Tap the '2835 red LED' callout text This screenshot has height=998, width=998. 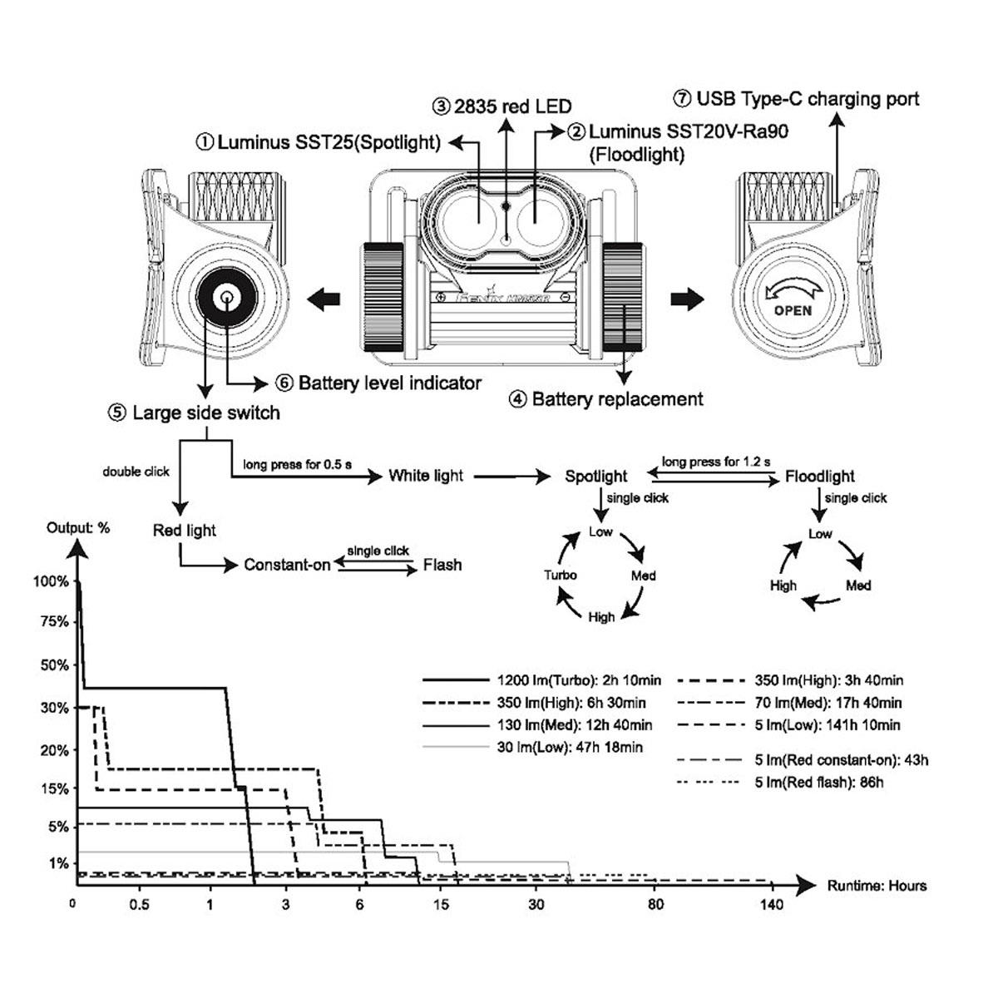[x=502, y=106]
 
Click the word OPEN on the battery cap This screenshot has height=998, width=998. [x=793, y=311]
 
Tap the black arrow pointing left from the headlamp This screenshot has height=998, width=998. [x=324, y=297]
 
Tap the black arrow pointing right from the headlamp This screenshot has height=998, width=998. [x=688, y=299]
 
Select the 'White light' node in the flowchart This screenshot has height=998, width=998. [x=426, y=476]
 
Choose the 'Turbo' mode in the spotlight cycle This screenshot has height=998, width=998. [x=560, y=575]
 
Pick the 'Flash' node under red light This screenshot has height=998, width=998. [x=442, y=566]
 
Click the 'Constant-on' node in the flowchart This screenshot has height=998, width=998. [x=287, y=566]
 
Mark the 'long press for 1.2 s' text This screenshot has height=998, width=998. [x=716, y=462]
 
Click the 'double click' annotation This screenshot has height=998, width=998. [x=136, y=472]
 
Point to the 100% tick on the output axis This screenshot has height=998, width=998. [x=51, y=581]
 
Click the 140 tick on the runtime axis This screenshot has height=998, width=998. [x=771, y=904]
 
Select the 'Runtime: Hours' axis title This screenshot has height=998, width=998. [x=877, y=886]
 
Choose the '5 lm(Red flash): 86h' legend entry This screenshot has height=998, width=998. [x=818, y=783]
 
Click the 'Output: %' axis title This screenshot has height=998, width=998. [x=78, y=528]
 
